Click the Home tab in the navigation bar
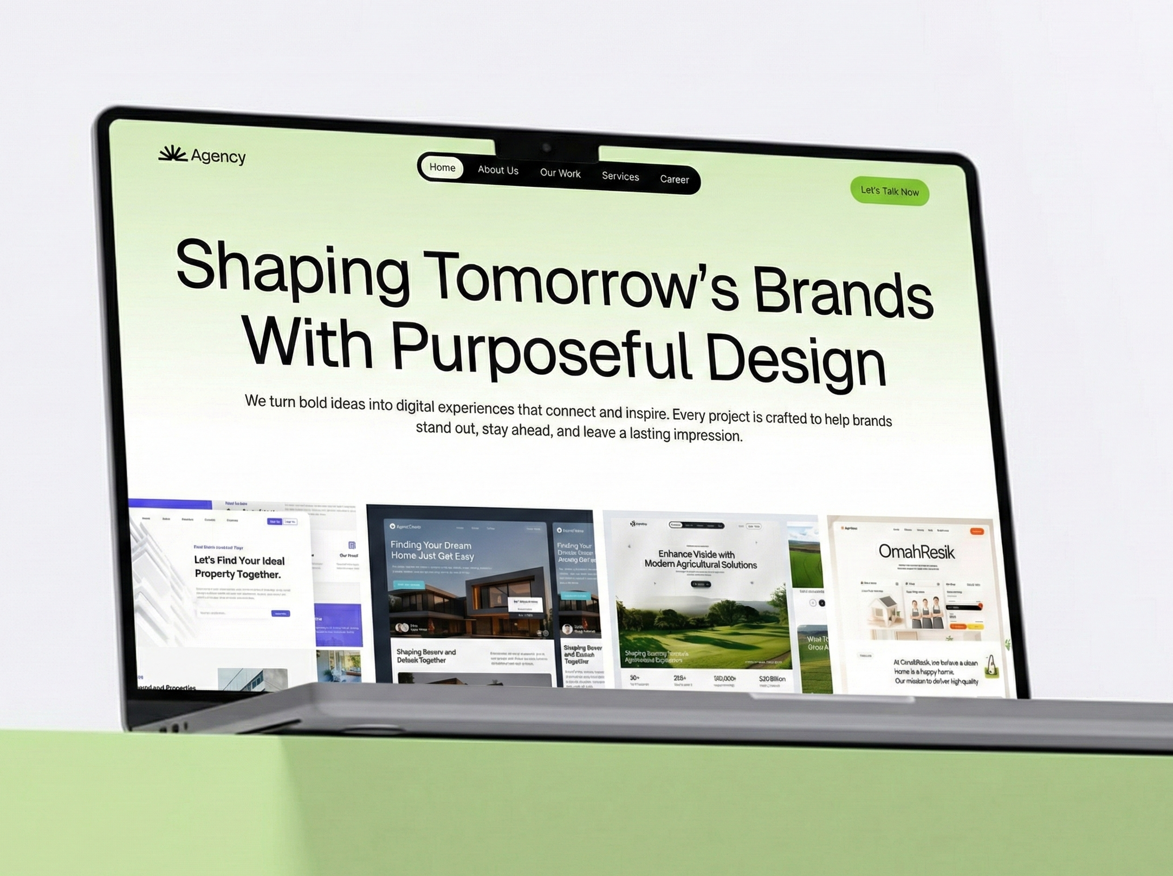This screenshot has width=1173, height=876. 442,167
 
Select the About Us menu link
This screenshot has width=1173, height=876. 498,170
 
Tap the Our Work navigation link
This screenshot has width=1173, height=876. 560,173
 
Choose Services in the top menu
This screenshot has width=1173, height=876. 620,177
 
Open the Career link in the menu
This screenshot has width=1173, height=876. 674,179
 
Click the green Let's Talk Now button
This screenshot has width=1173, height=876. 890,191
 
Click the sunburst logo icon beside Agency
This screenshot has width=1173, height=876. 172,153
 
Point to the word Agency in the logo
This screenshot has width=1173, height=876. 218,157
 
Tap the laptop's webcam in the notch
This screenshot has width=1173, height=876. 547,147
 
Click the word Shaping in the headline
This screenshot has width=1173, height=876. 291,270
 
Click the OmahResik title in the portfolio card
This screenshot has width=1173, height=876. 916,552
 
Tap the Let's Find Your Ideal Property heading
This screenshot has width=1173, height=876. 239,567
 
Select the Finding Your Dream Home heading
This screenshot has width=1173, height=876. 432,550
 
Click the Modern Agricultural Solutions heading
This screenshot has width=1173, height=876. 700,560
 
